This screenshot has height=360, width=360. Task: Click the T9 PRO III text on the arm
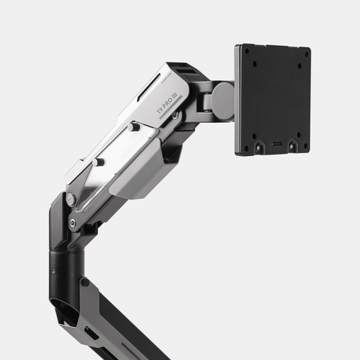(166, 103)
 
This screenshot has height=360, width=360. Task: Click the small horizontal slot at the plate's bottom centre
(277, 142)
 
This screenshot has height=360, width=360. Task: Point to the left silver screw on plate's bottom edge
(259, 147)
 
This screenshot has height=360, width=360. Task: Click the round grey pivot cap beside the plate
(223, 100)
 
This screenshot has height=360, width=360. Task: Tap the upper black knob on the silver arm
(134, 127)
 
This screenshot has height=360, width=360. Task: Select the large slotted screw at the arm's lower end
(70, 199)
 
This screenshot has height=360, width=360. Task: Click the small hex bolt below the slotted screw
(72, 223)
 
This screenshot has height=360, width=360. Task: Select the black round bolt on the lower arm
(85, 282)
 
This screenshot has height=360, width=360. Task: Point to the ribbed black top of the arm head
(184, 70)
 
